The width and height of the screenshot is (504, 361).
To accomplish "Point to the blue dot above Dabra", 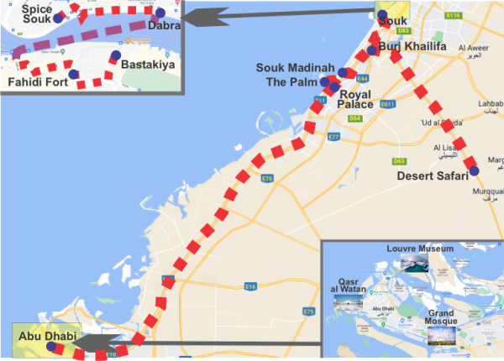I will coord(160,13).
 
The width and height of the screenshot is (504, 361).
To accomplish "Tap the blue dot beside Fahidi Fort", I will coord(74,75).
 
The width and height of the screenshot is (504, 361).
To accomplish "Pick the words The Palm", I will coord(291,82).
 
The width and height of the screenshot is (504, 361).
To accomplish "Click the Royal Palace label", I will coord(354,99).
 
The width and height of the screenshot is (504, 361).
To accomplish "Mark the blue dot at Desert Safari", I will coord(475,171).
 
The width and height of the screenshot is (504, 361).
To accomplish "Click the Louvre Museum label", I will coord(420,249).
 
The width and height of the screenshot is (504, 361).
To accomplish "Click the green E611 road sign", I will coord(387,104).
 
